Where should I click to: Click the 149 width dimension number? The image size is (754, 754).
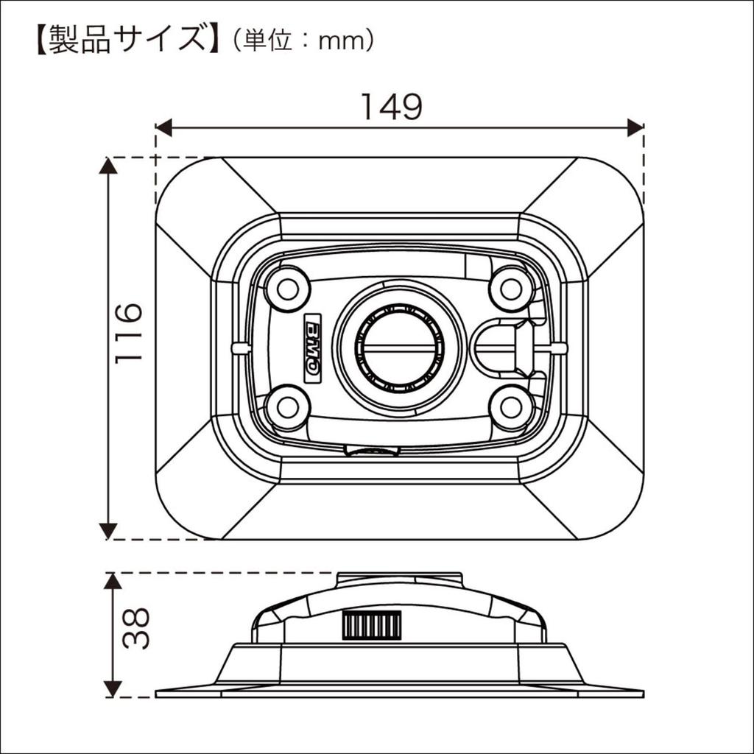point(391,108)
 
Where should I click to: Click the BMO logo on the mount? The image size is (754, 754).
point(312,347)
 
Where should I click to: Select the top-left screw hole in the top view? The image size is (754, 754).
point(287,289)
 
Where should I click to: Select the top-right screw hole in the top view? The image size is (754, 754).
point(511,289)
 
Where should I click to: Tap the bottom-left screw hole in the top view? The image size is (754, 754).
point(287,406)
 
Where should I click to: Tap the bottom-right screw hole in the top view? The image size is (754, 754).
point(511,406)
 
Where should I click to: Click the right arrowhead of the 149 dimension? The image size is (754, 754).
point(635,127)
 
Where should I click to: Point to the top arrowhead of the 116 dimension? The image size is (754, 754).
point(108,166)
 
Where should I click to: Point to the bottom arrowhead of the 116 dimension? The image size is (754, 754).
point(108,530)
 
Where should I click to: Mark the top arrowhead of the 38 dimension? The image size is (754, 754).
point(112,581)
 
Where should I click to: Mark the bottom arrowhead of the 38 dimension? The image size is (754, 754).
point(112,688)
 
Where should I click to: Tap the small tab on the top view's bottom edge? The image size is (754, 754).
point(372,451)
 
